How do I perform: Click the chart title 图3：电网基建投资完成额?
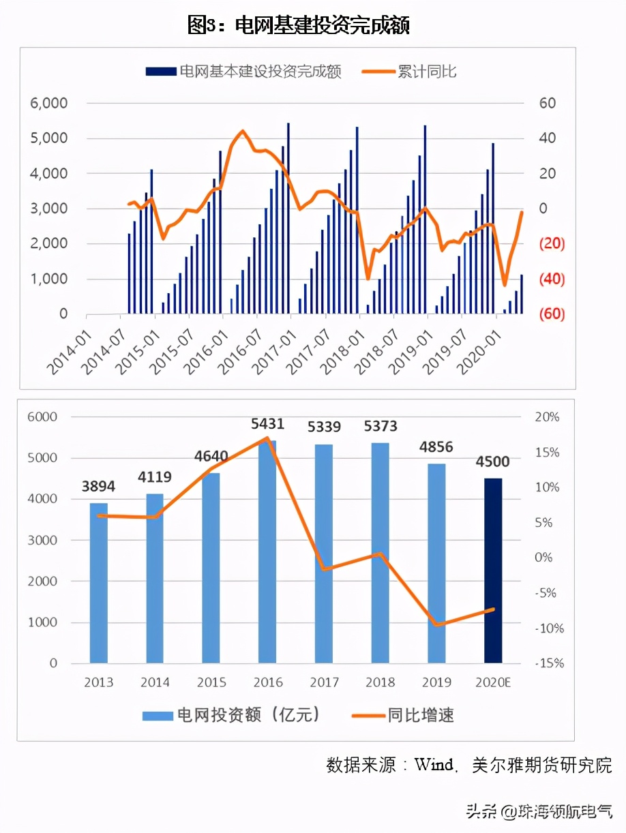coord(298,26)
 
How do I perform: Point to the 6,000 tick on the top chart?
coord(48,104)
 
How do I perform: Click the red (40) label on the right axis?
coord(552,279)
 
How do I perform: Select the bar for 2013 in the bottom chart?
coord(99,583)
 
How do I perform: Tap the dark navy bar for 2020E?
coord(493,571)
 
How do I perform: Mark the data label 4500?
coord(492,462)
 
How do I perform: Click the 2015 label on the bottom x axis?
coord(211,682)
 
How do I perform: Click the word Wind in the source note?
coord(434,765)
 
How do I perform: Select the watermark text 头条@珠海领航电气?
coord(539,812)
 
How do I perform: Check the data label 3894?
coord(99,487)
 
